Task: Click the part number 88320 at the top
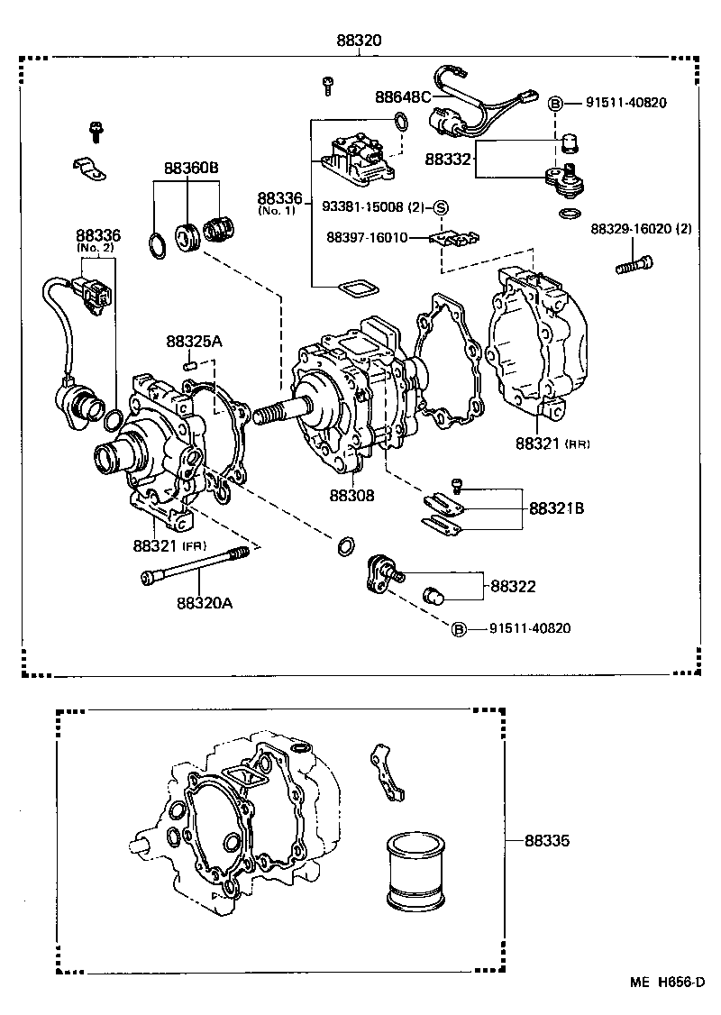(359, 41)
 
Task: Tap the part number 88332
(449, 159)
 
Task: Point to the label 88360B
(191, 168)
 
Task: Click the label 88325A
(194, 342)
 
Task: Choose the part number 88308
(351, 495)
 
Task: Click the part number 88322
(513, 586)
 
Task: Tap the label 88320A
(204, 602)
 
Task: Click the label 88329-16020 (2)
(641, 229)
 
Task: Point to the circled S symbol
(442, 207)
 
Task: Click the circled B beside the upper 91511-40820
(556, 103)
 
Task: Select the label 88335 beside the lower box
(547, 841)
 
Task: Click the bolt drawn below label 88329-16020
(635, 264)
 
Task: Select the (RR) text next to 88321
(577, 444)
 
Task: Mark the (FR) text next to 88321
(195, 547)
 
